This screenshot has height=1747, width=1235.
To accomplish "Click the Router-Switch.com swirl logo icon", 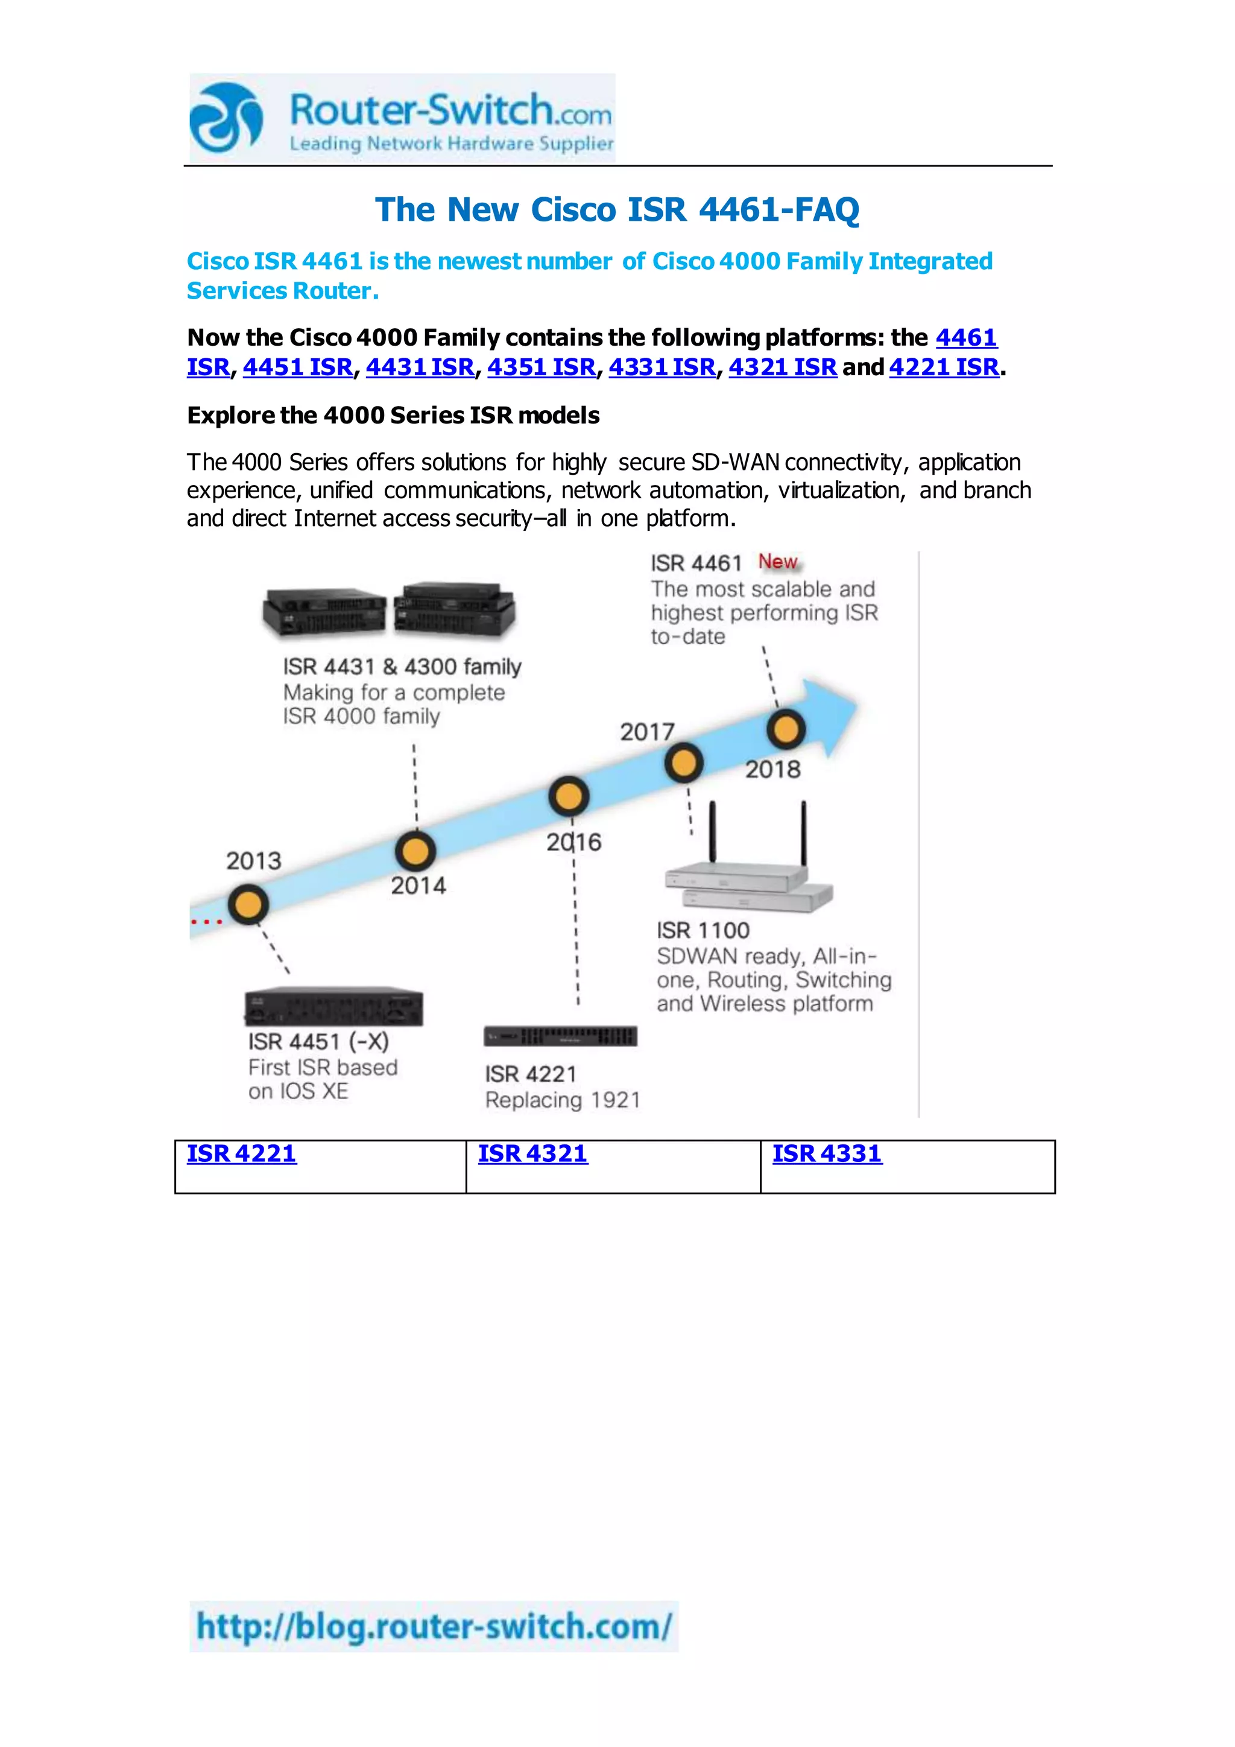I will point(226,118).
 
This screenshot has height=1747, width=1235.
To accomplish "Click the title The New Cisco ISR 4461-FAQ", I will point(617,209).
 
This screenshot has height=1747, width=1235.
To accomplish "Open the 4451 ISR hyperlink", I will point(297,367).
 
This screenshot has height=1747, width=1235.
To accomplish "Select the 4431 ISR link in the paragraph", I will point(420,367).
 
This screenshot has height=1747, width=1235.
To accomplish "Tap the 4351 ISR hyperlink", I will point(542,367).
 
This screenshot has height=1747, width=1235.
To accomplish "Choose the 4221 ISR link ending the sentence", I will point(944,367).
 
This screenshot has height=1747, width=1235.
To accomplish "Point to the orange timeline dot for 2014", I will point(415,851).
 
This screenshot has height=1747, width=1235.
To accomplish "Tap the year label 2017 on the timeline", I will point(647,732).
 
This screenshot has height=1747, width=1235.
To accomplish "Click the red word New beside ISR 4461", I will point(777,562).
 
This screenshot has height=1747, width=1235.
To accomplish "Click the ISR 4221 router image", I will point(560,1036).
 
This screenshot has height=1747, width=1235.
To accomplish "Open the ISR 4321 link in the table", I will point(532,1153).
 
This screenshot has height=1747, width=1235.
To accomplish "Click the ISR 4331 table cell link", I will point(827,1153).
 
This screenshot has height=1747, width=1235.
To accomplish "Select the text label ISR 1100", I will point(703,930).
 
